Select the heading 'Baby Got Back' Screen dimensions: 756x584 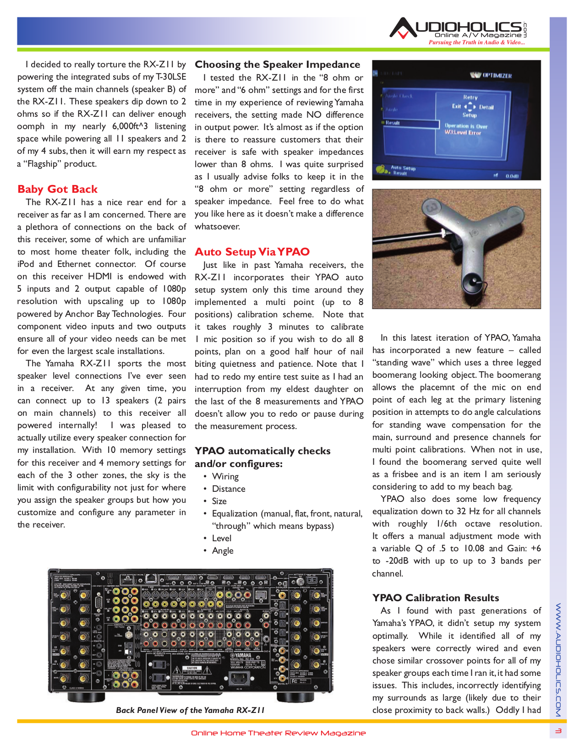click(x=57, y=189)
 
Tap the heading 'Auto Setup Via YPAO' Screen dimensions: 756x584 click(x=252, y=252)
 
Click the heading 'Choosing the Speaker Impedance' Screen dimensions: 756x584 click(x=277, y=65)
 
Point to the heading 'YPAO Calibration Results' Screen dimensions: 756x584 click(x=435, y=598)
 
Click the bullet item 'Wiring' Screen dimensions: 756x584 click(x=225, y=477)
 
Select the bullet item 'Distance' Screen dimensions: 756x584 click(x=228, y=489)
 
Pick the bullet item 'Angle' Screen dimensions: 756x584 click(x=223, y=551)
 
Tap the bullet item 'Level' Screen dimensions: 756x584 click(x=222, y=538)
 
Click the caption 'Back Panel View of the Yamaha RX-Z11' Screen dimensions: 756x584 click(x=190, y=710)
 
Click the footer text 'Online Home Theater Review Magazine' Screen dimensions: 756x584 click(x=278, y=733)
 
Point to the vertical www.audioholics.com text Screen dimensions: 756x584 click(x=558, y=659)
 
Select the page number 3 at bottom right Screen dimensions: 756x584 click(x=558, y=731)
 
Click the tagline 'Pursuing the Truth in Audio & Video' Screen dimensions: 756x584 click(x=476, y=43)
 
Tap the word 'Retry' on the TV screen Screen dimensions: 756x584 click(x=470, y=97)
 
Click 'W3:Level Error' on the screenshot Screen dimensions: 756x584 click(x=463, y=133)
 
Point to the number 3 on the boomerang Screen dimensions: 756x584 click(x=430, y=207)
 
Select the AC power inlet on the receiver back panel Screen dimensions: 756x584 click(x=238, y=677)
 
